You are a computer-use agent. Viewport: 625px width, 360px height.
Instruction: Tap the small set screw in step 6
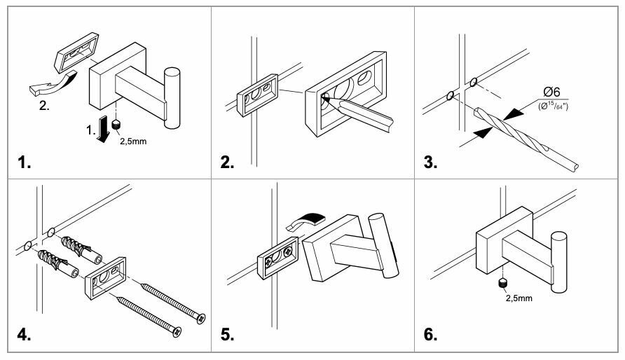coord(502,283)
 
